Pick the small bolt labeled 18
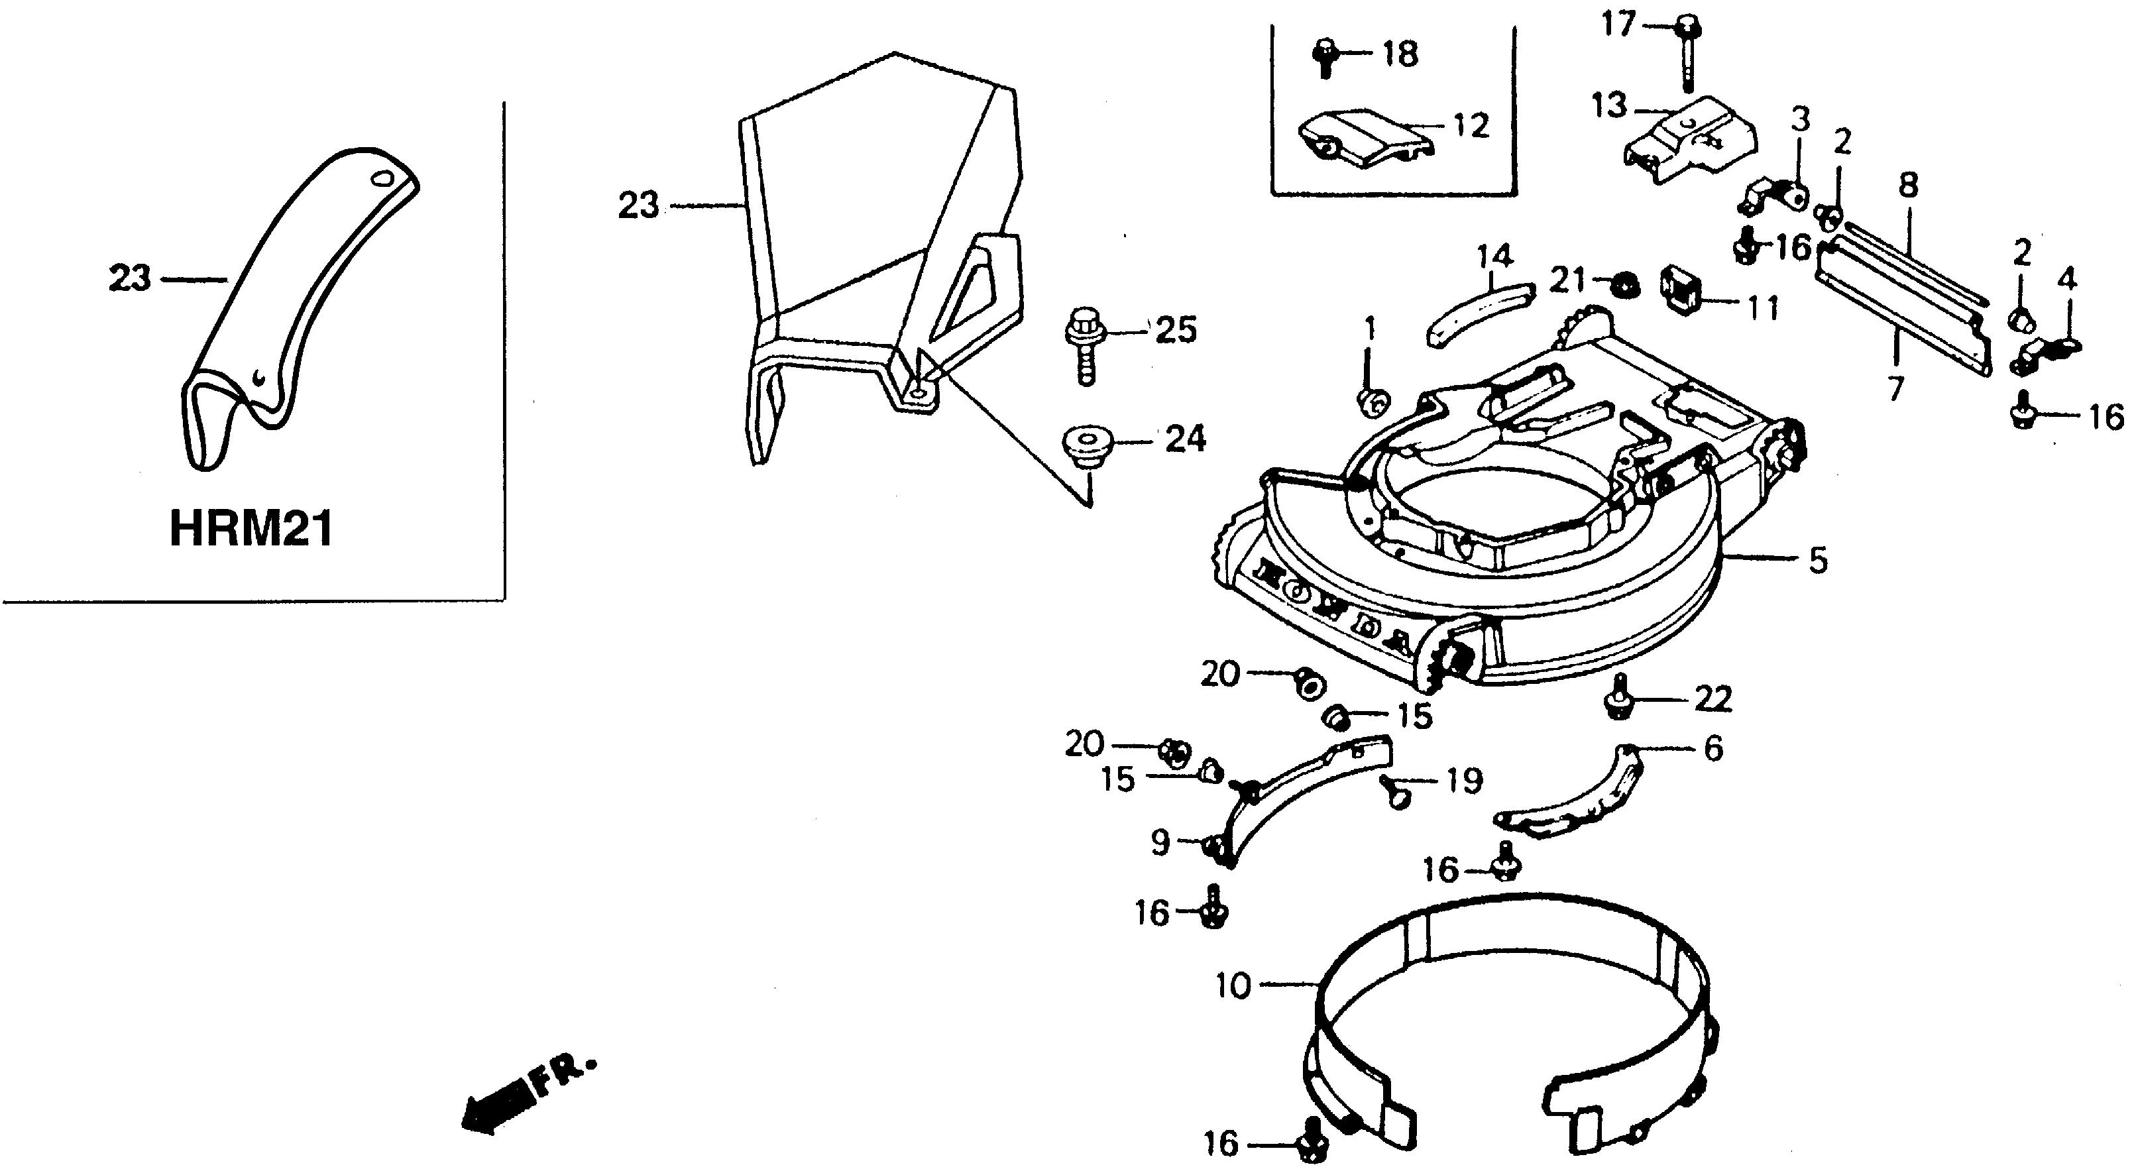pos(1325,56)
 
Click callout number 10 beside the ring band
pos(1233,986)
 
